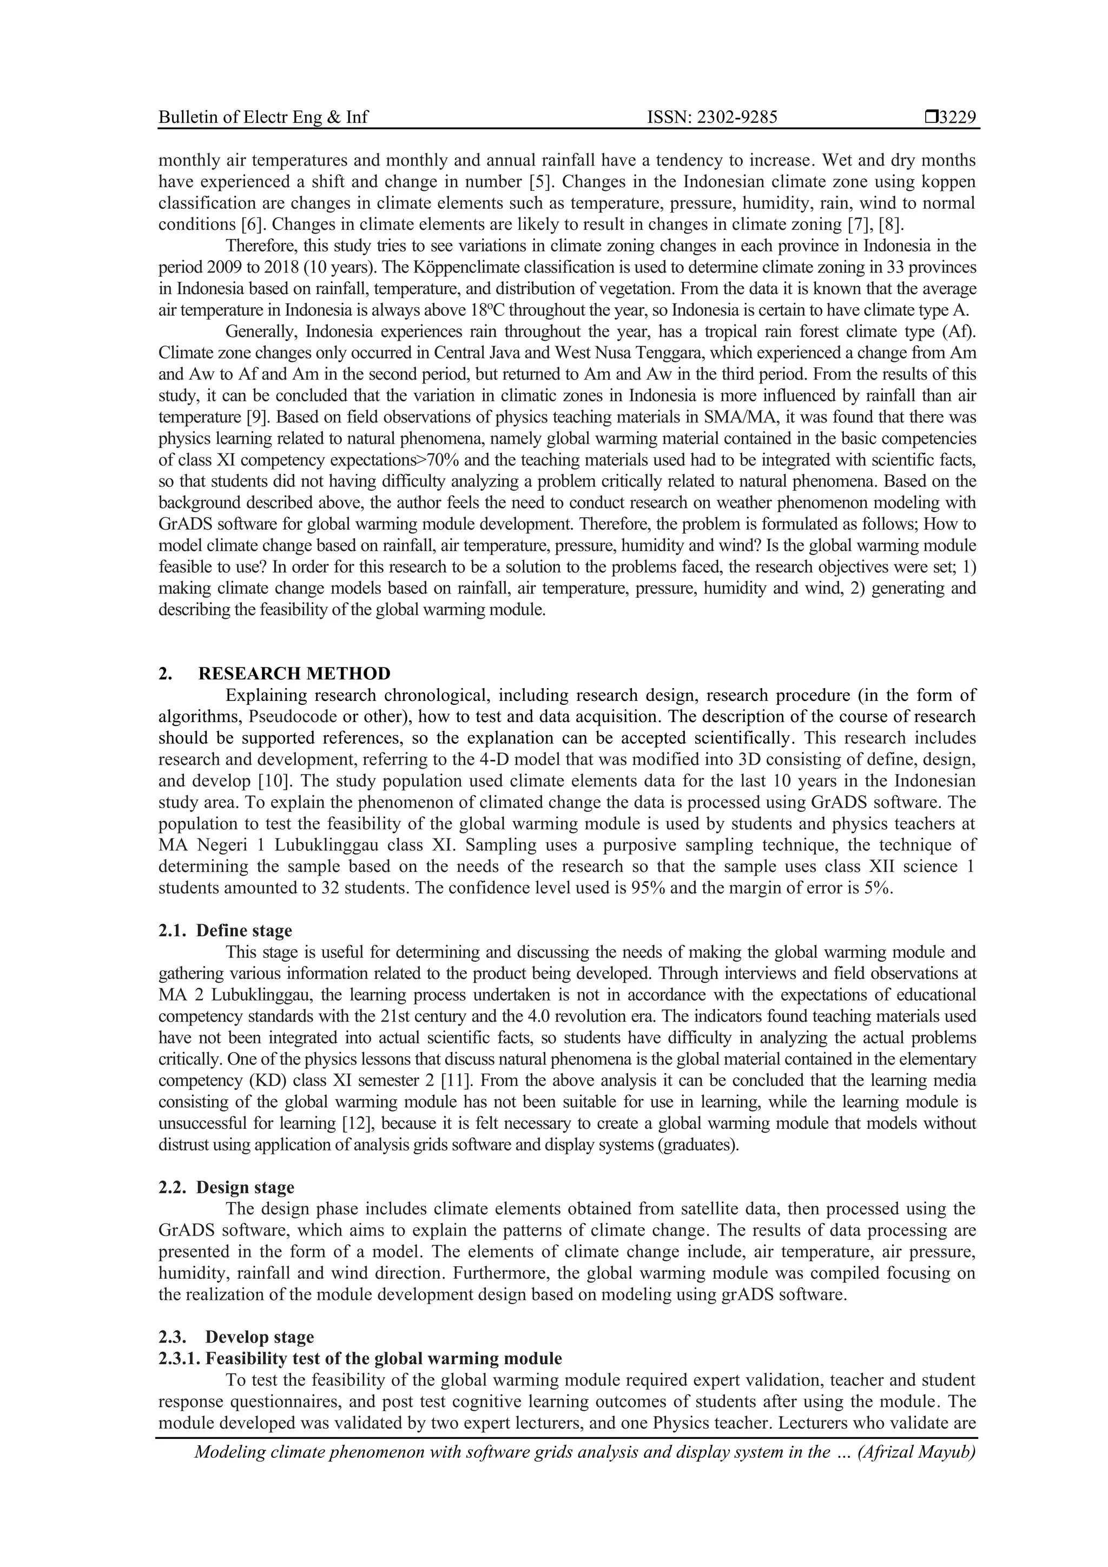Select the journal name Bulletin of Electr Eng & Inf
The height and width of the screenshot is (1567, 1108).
pyautogui.click(x=263, y=117)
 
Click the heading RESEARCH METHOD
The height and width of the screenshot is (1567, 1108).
pyautogui.click(x=294, y=673)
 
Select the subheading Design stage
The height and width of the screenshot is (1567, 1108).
pyautogui.click(x=245, y=1187)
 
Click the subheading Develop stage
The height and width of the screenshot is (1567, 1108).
pyautogui.click(x=260, y=1337)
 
